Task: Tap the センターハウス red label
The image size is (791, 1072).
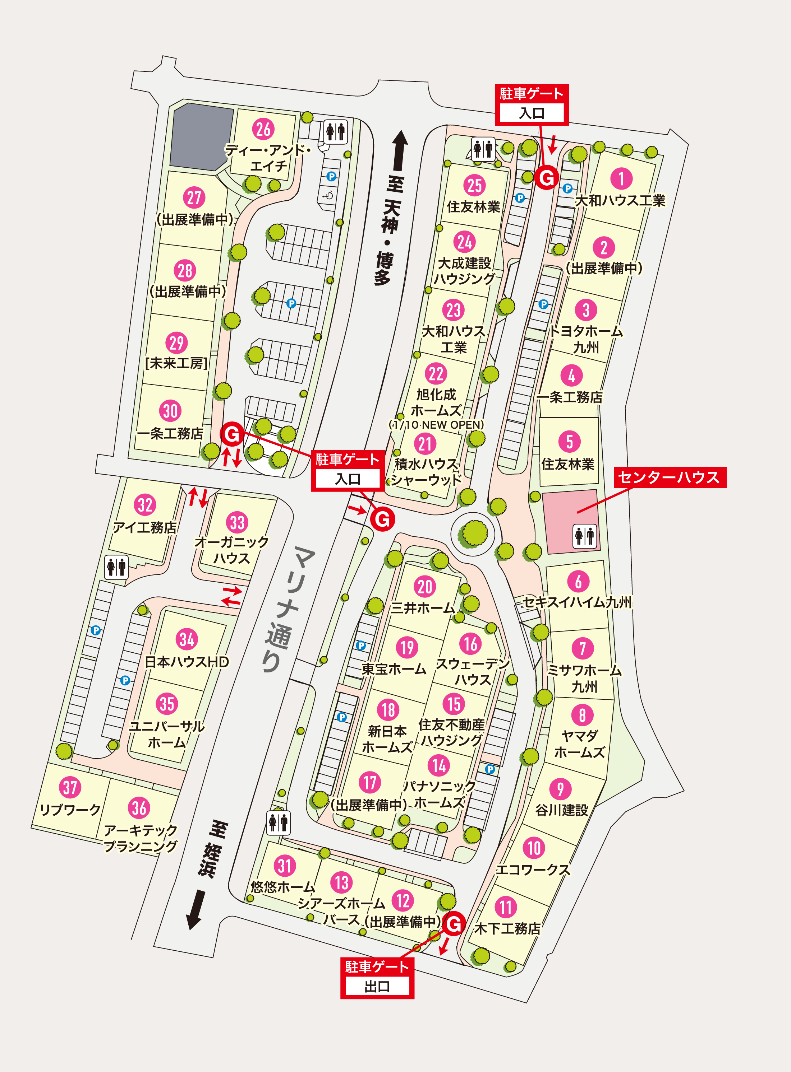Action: pyautogui.click(x=670, y=477)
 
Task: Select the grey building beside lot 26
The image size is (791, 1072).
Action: pyautogui.click(x=200, y=137)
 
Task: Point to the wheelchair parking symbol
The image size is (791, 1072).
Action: pyautogui.click(x=328, y=195)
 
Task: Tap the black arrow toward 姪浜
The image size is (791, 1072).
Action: pyautogui.click(x=196, y=909)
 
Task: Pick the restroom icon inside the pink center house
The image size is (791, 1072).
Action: pyautogui.click(x=585, y=535)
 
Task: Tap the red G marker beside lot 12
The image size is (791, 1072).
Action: pyautogui.click(x=454, y=924)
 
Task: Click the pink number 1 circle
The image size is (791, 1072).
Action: pyautogui.click(x=621, y=178)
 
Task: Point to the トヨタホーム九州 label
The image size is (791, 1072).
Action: pyautogui.click(x=585, y=339)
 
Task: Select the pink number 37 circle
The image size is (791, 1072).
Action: pyautogui.click(x=70, y=787)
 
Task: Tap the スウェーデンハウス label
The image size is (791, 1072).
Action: pyautogui.click(x=473, y=671)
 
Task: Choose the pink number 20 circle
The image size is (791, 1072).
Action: pyautogui.click(x=425, y=587)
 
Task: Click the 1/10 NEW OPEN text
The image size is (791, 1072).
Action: pyautogui.click(x=436, y=424)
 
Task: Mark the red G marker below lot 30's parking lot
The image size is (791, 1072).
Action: pyautogui.click(x=232, y=434)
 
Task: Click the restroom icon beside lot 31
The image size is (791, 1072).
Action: pyautogui.click(x=278, y=823)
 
